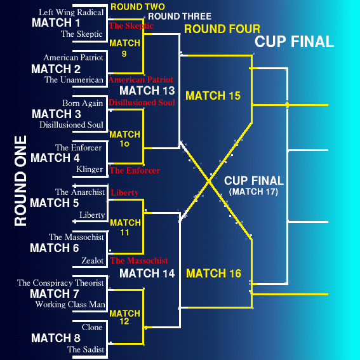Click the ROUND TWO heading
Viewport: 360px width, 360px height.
pyautogui.click(x=138, y=6)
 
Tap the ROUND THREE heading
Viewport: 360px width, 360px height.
pyautogui.click(x=180, y=17)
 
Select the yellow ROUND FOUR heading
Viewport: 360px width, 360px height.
pyautogui.click(x=222, y=29)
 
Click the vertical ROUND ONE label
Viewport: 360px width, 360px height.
pyautogui.click(x=20, y=181)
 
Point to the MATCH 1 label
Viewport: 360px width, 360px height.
pyautogui.click(x=56, y=22)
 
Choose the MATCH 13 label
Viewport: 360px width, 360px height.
pyautogui.click(x=147, y=90)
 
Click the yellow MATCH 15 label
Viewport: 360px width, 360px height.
pyautogui.click(x=213, y=95)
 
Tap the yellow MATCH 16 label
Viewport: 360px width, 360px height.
pyautogui.click(x=213, y=273)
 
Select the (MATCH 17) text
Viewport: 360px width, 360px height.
pyautogui.click(x=253, y=192)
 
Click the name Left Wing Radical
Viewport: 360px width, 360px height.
pyautogui.click(x=71, y=13)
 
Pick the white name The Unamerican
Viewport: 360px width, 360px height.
pyautogui.click(x=74, y=79)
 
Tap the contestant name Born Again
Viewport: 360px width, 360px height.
pyautogui.click(x=83, y=103)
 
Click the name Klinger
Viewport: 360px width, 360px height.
pyautogui.click(x=90, y=170)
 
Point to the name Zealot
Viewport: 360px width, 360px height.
pyautogui.click(x=92, y=260)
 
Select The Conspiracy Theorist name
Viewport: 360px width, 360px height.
pyautogui.click(x=60, y=283)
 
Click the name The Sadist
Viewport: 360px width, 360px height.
pyautogui.click(x=86, y=349)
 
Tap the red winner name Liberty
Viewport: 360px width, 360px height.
pyautogui.click(x=124, y=192)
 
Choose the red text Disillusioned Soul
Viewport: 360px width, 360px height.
pyautogui.click(x=142, y=102)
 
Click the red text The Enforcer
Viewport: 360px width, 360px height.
pyautogui.click(x=135, y=170)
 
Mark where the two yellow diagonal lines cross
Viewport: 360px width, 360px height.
pyautogui.click(x=209, y=181)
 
